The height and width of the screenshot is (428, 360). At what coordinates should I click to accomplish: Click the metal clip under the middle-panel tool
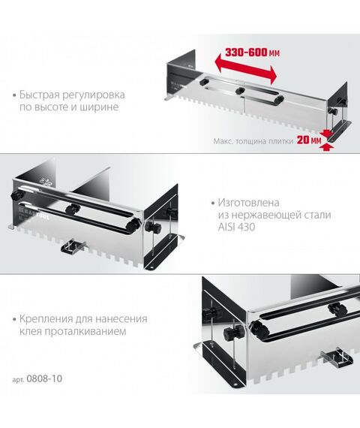coord(75,244)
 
